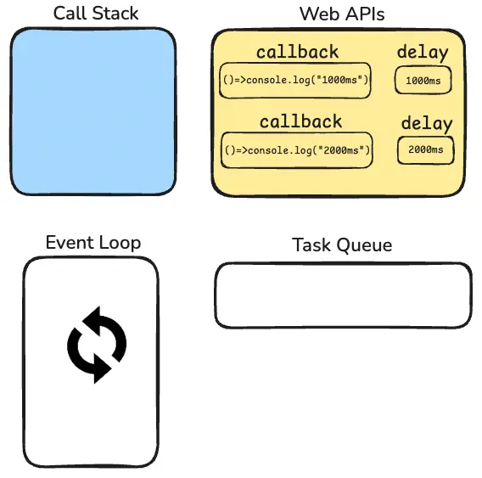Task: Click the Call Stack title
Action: [x=96, y=14]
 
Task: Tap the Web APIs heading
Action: [x=342, y=14]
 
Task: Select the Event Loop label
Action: [x=93, y=243]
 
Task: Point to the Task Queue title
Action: [x=342, y=245]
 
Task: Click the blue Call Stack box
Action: [x=93, y=111]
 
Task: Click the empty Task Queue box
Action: [x=343, y=295]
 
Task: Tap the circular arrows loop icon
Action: [x=97, y=345]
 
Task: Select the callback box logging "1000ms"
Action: [x=295, y=81]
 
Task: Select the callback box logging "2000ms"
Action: [x=297, y=150]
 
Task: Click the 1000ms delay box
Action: [x=423, y=81]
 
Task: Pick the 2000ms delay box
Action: [x=426, y=150]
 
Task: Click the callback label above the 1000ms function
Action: [x=298, y=52]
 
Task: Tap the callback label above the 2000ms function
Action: [x=300, y=121]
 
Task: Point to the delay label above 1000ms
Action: [x=423, y=53]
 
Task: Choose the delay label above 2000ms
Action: [x=427, y=124]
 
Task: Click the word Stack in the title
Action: [x=115, y=14]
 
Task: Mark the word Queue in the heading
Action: [x=364, y=245]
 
